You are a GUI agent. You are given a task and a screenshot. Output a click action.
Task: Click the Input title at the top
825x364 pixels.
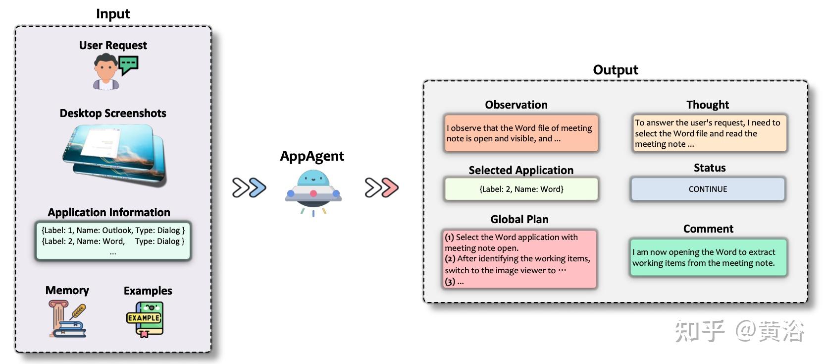pyautogui.click(x=113, y=14)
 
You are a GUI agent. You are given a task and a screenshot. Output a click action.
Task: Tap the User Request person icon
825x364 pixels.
pyautogui.click(x=105, y=72)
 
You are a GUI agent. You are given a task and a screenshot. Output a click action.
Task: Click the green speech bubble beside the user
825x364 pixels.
pyautogui.click(x=129, y=64)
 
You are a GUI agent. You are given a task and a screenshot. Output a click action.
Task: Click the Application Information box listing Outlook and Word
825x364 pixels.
pyautogui.click(x=113, y=241)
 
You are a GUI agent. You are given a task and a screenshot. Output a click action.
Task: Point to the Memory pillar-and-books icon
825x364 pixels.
pyautogui.click(x=67, y=319)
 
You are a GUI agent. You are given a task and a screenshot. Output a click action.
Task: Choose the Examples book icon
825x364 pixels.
pyautogui.click(x=145, y=319)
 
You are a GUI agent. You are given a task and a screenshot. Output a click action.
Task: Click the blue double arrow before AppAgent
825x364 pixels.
pyautogui.click(x=249, y=187)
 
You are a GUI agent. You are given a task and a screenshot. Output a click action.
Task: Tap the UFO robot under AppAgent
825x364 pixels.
pyautogui.click(x=313, y=191)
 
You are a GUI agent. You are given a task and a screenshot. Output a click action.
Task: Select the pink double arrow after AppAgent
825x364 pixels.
pyautogui.click(x=381, y=187)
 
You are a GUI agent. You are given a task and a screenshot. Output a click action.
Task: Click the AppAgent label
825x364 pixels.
pyautogui.click(x=312, y=156)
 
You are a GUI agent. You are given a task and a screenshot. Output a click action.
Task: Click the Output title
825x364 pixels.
pyautogui.click(x=615, y=70)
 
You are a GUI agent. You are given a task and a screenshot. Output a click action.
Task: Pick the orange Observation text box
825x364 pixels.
pyautogui.click(x=521, y=133)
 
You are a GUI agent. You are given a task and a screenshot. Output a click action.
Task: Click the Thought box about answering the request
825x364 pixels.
pyautogui.click(x=709, y=133)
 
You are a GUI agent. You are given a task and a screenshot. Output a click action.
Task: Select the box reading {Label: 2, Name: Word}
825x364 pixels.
pyautogui.click(x=521, y=189)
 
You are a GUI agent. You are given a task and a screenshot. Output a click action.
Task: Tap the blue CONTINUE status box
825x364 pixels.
pyautogui.click(x=708, y=189)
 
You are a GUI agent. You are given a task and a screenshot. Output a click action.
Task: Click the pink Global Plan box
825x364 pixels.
pyautogui.click(x=519, y=259)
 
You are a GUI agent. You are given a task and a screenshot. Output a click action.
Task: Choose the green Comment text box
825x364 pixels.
pyautogui.click(x=708, y=257)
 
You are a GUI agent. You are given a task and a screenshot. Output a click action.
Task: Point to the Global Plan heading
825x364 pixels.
pyautogui.click(x=519, y=219)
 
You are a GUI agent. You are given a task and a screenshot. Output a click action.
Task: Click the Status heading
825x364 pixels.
pyautogui.click(x=709, y=168)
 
